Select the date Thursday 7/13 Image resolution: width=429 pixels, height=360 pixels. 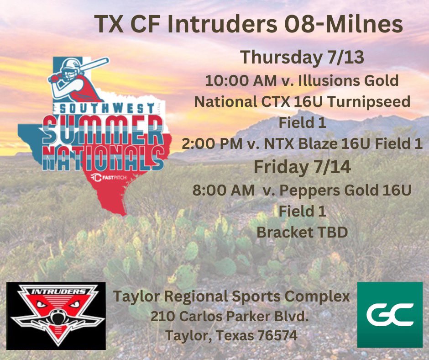(302, 58)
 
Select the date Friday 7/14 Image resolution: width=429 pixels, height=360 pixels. (302, 167)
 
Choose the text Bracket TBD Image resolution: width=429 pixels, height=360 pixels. (302, 232)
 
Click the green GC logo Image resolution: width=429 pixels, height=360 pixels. (390, 314)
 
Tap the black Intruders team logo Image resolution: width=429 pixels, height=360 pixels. (56, 315)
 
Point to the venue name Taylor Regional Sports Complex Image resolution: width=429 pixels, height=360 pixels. (231, 296)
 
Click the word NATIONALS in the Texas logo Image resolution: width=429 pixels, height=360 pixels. (103, 158)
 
